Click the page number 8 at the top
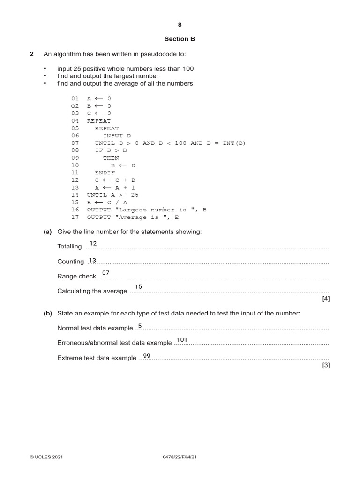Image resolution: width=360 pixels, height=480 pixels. (180, 24)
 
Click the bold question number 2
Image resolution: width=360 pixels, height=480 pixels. (32, 54)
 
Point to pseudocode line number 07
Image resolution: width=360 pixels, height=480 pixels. (75, 143)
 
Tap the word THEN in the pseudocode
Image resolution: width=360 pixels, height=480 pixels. (111, 158)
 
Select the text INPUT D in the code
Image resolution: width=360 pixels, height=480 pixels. (117, 135)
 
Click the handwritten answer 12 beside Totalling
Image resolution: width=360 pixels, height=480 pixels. (93, 243)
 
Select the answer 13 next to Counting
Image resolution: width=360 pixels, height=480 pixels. (92, 260)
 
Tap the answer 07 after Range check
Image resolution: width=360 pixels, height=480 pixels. (105, 273)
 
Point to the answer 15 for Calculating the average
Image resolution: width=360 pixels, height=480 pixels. (138, 286)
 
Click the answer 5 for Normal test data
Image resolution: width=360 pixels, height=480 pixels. (140, 325)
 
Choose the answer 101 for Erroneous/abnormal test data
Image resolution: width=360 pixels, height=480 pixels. (182, 339)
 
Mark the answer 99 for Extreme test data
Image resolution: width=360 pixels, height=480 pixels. (147, 356)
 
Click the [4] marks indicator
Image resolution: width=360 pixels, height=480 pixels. (326, 300)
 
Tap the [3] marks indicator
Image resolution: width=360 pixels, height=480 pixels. (326, 366)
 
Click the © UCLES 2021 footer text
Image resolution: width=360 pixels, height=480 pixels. (46, 457)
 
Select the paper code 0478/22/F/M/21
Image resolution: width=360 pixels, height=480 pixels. (180, 457)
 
